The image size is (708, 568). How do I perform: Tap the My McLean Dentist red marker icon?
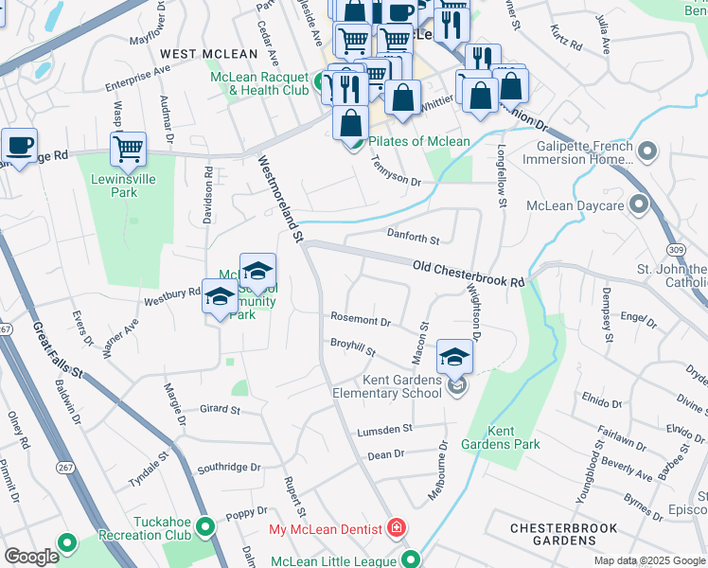coord(398,528)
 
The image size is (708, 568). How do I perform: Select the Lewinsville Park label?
coord(114,186)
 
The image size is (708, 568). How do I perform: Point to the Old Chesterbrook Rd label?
coord(469,275)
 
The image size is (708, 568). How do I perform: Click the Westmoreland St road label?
coord(280,198)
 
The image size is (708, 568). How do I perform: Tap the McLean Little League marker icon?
coord(411,559)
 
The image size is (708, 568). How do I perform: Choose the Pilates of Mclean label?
coord(419,142)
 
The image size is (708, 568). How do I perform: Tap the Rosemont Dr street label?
coord(360,321)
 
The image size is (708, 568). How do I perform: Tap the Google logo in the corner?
coord(31,557)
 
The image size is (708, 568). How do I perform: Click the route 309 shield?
coord(674,247)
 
